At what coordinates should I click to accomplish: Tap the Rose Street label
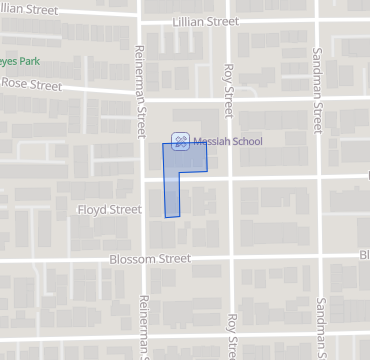31,85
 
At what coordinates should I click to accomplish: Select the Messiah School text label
228,141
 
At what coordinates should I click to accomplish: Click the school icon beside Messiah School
180,141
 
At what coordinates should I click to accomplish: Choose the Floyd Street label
110,210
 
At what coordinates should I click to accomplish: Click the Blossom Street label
150,258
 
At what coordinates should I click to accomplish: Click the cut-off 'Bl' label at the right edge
364,255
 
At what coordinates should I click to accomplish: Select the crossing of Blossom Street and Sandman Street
320,255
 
